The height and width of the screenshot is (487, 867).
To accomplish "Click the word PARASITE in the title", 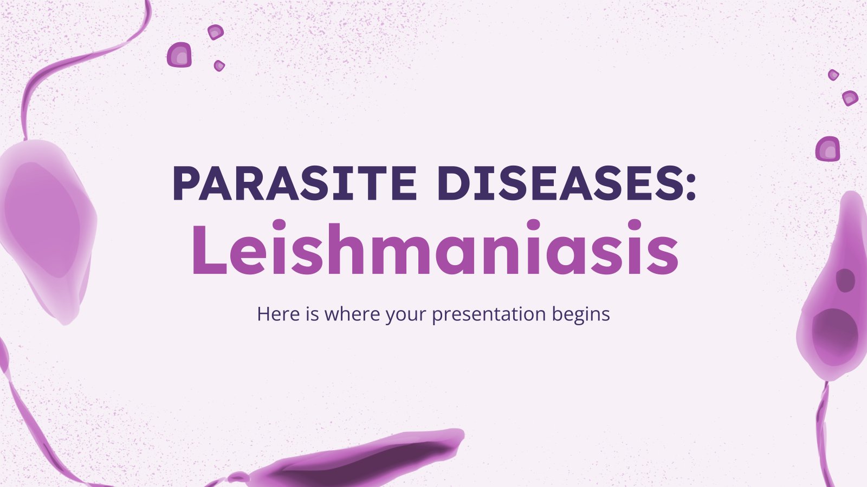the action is (x=295, y=183).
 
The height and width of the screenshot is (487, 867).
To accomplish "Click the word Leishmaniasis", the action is (x=435, y=247).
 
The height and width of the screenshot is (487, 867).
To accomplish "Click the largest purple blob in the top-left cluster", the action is (x=179, y=55).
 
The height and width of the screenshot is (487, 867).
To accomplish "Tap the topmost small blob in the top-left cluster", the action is (x=216, y=32).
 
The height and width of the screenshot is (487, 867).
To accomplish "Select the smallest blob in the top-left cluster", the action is (x=219, y=65).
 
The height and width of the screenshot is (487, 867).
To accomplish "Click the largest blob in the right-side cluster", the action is (x=827, y=149).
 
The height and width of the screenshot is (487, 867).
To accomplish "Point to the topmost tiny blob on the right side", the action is (x=833, y=75).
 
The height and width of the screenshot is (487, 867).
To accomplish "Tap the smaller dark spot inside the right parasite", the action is (x=845, y=280).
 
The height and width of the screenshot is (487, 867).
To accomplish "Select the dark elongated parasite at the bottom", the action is (x=356, y=460).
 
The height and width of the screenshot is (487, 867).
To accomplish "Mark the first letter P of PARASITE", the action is (x=190, y=183).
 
